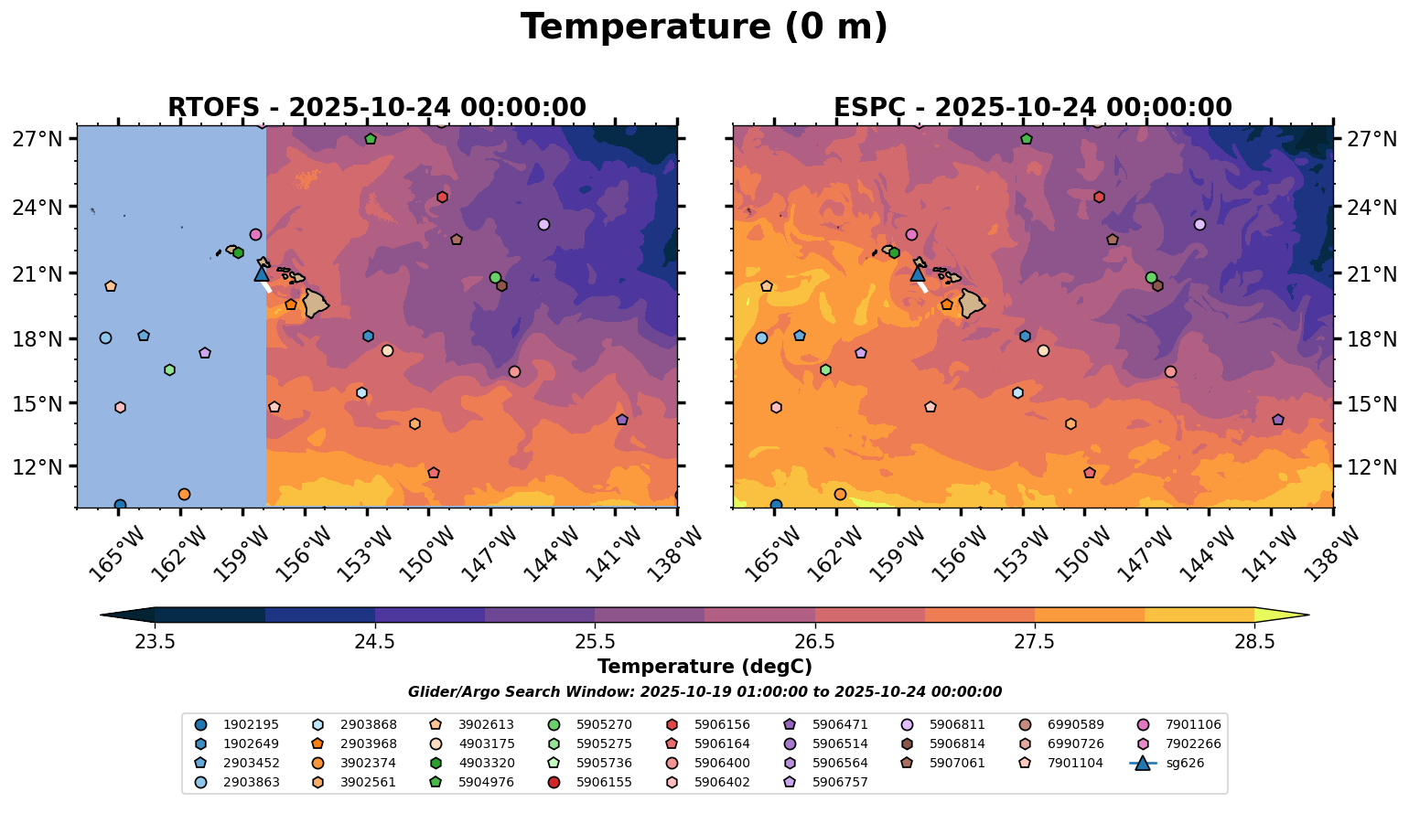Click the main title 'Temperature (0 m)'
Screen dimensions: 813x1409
704,27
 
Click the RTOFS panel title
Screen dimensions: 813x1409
376,108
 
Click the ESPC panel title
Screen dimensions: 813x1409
1032,108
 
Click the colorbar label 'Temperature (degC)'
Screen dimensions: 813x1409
704,667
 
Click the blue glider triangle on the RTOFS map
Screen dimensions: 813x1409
262,273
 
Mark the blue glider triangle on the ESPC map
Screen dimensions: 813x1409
918,273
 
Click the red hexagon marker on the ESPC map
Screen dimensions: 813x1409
1099,197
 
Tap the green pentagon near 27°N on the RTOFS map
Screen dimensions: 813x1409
371,139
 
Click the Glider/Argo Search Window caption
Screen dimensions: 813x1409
704,692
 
